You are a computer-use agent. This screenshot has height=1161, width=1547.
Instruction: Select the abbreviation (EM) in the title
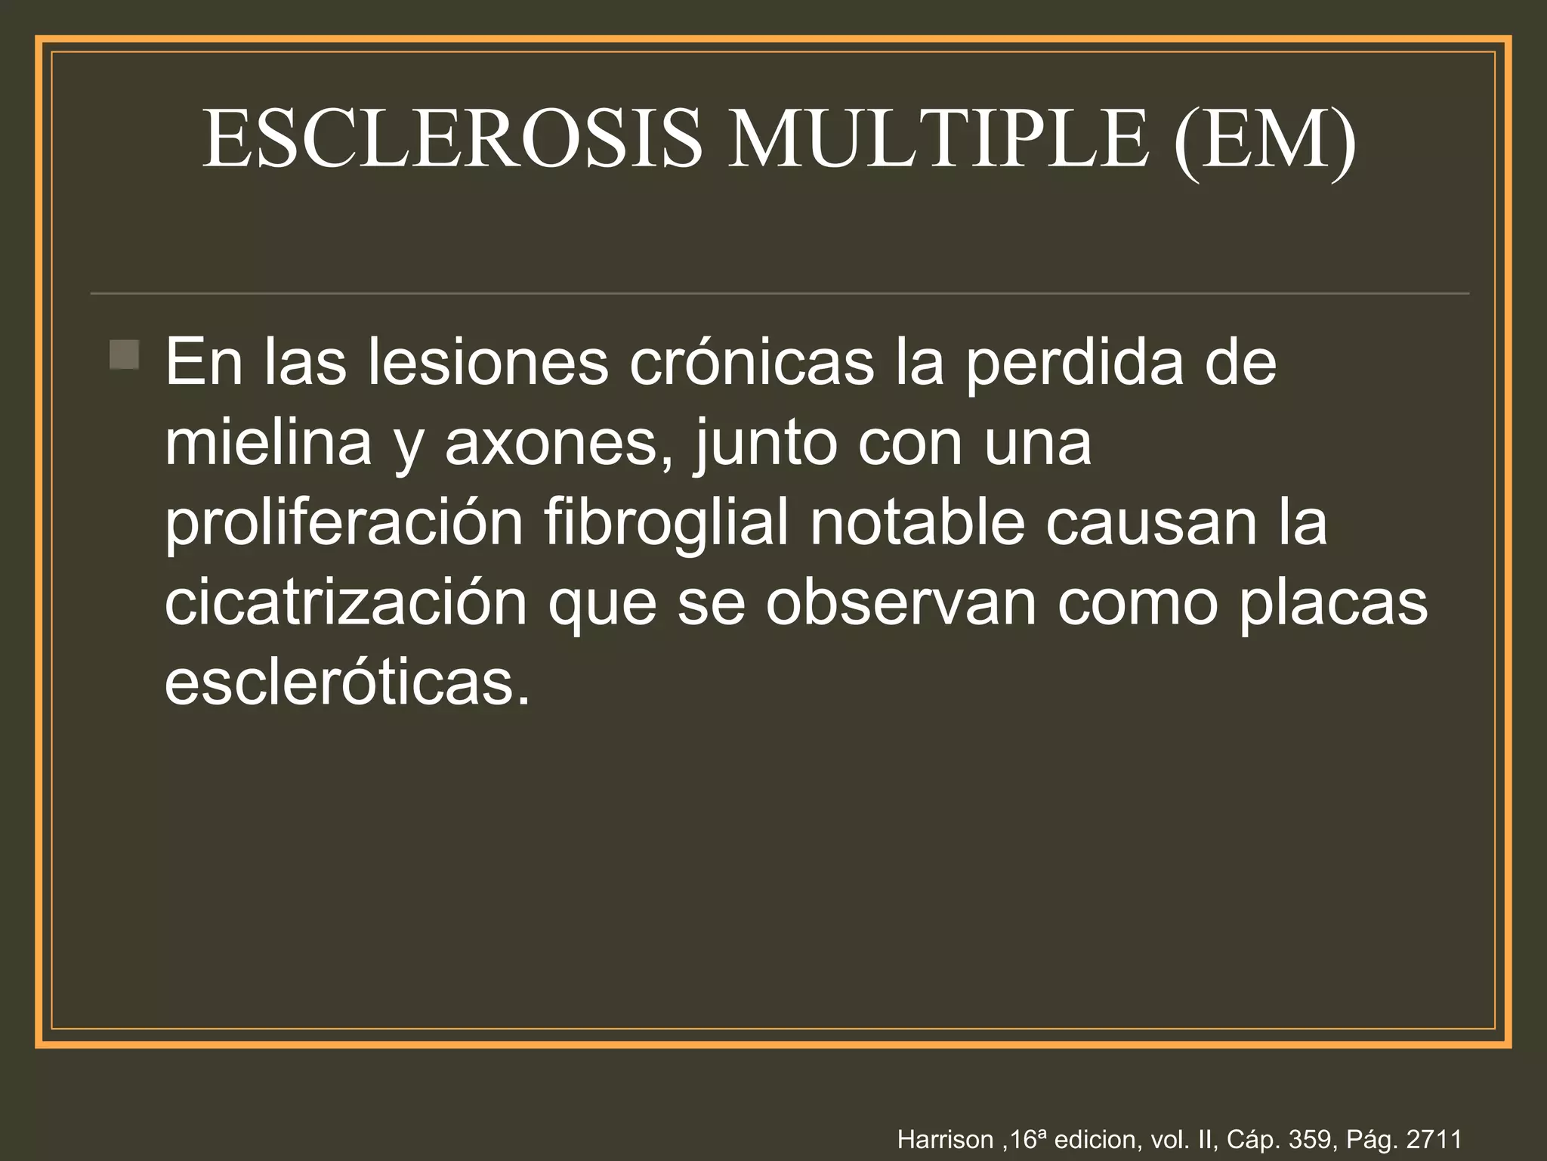point(1265,139)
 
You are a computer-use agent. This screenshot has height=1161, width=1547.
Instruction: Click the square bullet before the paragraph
point(124,354)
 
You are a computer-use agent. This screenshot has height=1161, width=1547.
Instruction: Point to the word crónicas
point(752,362)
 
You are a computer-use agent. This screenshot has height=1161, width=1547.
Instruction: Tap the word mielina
point(268,442)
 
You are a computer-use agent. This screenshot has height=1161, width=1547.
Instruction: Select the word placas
point(1333,604)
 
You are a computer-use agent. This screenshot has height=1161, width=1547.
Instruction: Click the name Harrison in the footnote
point(945,1139)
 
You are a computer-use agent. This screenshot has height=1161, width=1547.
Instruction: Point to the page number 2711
point(1434,1139)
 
